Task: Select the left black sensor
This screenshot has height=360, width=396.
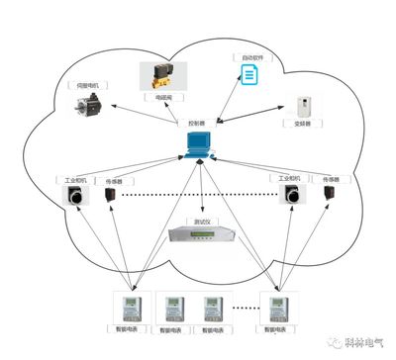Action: (x=111, y=198)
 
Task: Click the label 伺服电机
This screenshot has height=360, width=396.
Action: (x=92, y=86)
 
